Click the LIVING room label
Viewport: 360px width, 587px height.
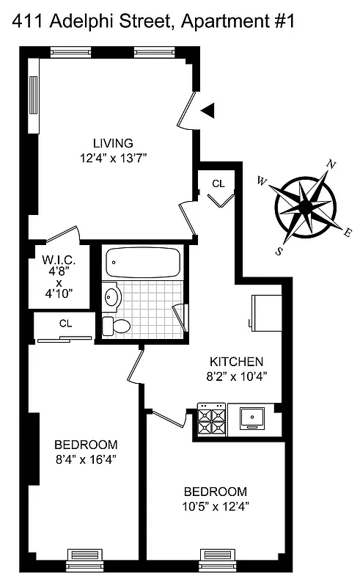pos(112,143)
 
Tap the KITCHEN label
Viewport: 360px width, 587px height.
pos(236,362)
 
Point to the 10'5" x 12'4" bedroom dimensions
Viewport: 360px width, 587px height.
pos(215,506)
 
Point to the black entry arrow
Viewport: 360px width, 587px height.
pos(208,110)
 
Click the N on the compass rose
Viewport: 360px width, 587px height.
pos(331,164)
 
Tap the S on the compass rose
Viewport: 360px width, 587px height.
pos(279,250)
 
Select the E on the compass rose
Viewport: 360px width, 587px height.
pos(348,233)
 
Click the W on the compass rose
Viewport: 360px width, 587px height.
pos(262,182)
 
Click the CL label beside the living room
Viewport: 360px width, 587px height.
pos(218,183)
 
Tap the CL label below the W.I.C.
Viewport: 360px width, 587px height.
pos(65,322)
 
